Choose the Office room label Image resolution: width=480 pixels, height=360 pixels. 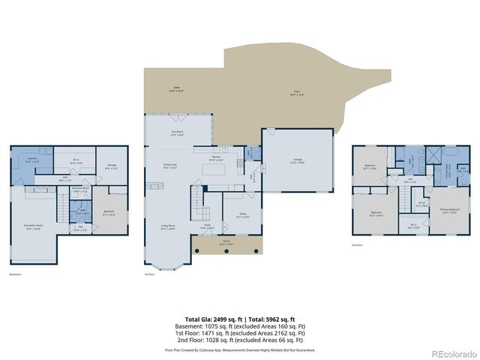tap(241, 215)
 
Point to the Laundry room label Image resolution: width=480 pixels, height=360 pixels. tap(31, 160)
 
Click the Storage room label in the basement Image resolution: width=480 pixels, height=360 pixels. tap(111, 166)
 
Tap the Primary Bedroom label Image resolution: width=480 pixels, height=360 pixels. tap(450, 211)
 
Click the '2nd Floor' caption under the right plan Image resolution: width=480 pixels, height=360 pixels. tap(358, 245)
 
